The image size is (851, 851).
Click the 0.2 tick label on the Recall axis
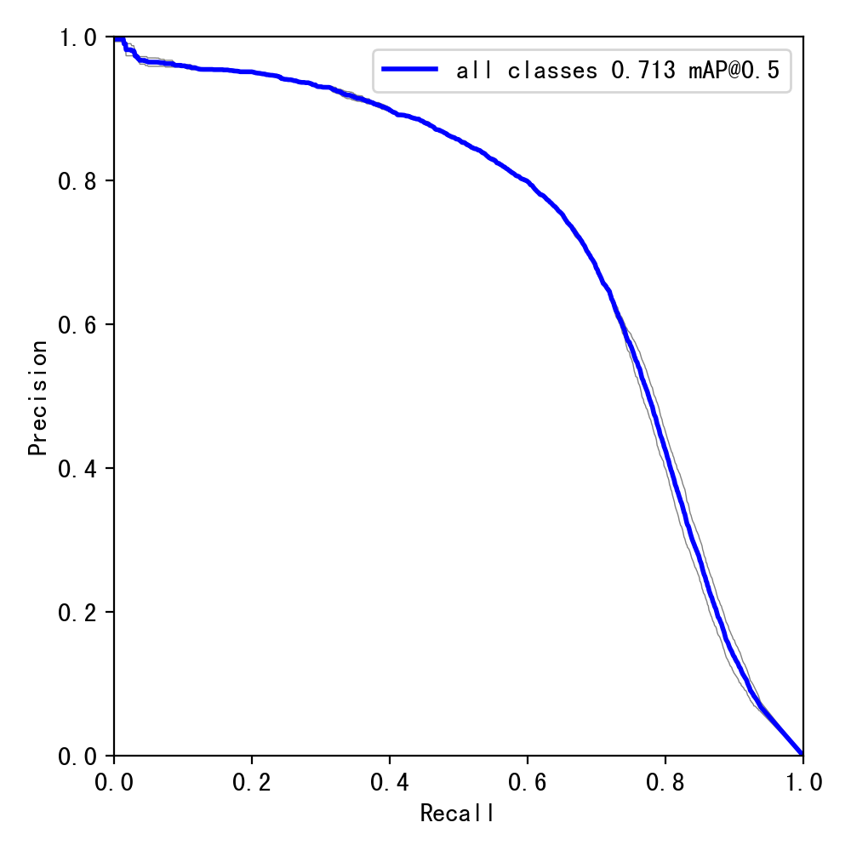(252, 783)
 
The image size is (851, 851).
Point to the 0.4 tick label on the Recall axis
(390, 783)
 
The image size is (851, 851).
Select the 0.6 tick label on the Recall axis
(528, 783)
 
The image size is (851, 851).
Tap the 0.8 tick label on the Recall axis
(665, 783)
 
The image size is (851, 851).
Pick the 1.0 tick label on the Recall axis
(802, 783)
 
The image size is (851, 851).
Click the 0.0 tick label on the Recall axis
(114, 783)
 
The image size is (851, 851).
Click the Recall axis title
(458, 814)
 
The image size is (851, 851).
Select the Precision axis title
(37, 397)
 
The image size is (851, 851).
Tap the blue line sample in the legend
(410, 71)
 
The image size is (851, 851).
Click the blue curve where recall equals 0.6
(528, 181)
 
